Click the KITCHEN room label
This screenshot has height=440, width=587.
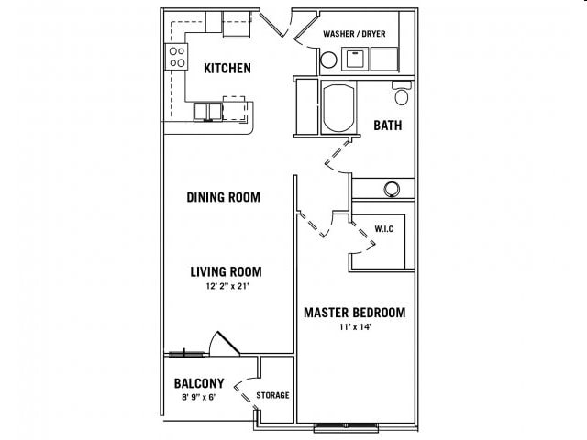click(x=227, y=69)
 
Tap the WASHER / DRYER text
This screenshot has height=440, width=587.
click(x=354, y=35)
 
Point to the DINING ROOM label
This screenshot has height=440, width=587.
click(x=223, y=197)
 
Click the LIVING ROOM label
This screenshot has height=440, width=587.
click(x=226, y=271)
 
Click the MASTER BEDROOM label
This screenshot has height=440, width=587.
click(x=354, y=313)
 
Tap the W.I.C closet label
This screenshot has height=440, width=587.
click(x=383, y=228)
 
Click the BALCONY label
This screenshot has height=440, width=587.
click(x=198, y=383)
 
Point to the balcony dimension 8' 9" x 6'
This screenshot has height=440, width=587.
click(x=198, y=398)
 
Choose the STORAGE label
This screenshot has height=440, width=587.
click(x=272, y=395)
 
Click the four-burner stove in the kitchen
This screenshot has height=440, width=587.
click(x=175, y=58)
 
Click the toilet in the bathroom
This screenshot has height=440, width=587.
click(x=401, y=93)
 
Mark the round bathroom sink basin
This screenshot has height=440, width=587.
click(x=392, y=189)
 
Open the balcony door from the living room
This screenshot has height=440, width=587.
click(x=224, y=344)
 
